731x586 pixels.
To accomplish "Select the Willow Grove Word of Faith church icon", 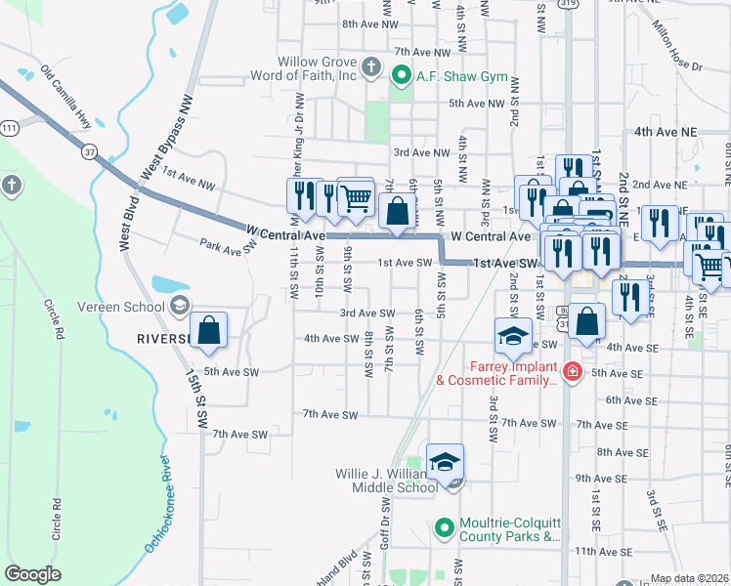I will click(370, 66).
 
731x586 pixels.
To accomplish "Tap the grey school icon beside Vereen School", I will click(179, 307).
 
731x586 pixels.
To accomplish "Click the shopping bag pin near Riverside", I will click(209, 331).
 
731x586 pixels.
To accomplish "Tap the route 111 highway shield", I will click(10, 128).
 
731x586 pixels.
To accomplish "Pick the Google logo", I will click(32, 574).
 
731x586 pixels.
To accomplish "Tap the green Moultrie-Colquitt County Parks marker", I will click(445, 528).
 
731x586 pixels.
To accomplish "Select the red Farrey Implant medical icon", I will click(572, 372).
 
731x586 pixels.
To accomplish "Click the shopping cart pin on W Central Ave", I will click(356, 196).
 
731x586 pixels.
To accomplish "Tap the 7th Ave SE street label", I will click(600, 424).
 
